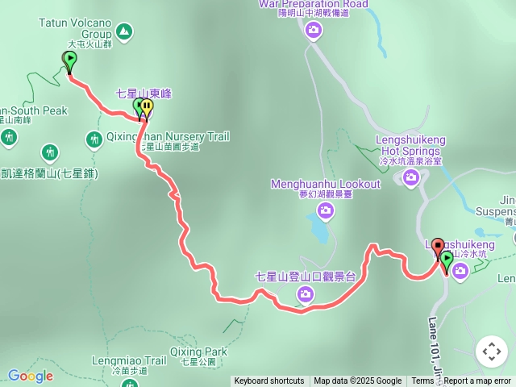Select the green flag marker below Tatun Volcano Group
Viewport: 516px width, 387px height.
[x=69, y=60]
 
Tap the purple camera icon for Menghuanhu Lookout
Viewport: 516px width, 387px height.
[x=326, y=211]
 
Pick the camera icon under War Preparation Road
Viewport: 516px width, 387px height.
[x=314, y=31]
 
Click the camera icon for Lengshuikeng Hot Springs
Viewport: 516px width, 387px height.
[x=411, y=177]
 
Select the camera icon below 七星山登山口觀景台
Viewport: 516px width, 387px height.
[x=306, y=294]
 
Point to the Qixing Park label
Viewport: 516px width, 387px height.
[x=198, y=352]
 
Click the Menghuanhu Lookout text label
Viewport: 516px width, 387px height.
[x=325, y=184]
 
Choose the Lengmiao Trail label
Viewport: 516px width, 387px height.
[x=129, y=360]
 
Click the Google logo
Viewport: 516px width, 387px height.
[x=31, y=376]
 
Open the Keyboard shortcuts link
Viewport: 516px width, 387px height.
[x=269, y=381]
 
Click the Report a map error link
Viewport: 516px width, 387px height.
[x=477, y=381]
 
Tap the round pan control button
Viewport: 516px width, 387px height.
[x=491, y=352]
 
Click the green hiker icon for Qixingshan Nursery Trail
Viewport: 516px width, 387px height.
[x=94, y=140]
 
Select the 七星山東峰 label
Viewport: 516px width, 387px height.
[x=144, y=94]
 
